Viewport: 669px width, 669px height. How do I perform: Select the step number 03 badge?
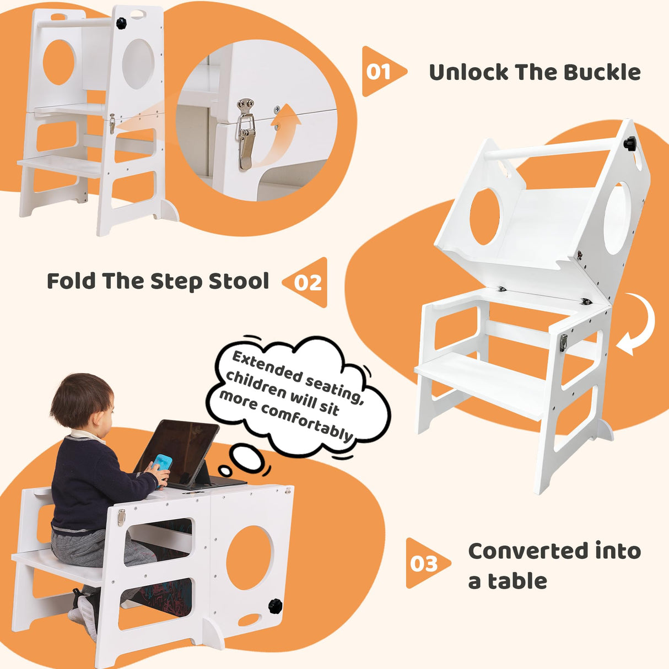[424, 564]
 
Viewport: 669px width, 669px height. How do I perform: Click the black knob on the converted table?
[276, 606]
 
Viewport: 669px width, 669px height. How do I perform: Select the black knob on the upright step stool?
[121, 23]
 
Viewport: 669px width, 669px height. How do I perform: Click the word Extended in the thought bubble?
[266, 366]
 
